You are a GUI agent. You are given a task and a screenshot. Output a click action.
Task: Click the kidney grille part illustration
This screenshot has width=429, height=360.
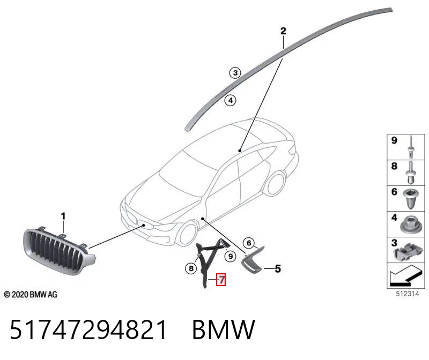tap(59, 251)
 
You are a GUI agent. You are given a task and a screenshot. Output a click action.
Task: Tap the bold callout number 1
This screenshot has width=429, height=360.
tap(63, 216)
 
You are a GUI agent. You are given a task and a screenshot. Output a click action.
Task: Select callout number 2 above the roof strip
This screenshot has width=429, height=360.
tap(283, 31)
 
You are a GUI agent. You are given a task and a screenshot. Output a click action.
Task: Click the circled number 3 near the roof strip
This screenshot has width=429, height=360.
tap(235, 73)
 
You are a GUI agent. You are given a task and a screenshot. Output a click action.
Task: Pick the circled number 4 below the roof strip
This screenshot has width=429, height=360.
tap(231, 100)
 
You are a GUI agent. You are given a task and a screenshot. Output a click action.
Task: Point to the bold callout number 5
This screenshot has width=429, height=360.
tap(278, 269)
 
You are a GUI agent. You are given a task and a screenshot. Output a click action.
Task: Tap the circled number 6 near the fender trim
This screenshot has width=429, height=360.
tap(249, 243)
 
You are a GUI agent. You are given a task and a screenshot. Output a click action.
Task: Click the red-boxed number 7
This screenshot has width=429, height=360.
tap(221, 279)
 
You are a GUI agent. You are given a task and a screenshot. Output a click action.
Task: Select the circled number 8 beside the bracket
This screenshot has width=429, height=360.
tap(191, 268)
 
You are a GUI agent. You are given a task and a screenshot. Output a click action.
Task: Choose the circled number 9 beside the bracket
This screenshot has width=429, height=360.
tap(231, 256)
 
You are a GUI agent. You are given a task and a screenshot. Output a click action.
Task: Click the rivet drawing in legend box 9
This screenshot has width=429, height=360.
tap(411, 148)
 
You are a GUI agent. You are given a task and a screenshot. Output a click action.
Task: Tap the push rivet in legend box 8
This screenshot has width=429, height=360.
tap(411, 172)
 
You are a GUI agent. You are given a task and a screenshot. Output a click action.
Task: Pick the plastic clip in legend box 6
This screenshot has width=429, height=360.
tap(411, 199)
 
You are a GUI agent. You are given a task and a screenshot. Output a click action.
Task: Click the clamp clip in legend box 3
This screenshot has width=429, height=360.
tap(408, 250)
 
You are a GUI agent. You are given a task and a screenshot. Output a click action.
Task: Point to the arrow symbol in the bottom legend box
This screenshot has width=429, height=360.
tap(405, 276)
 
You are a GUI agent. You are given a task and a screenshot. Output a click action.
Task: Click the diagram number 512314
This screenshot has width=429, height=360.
tap(407, 294)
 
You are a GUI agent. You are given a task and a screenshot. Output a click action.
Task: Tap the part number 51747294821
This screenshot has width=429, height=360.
tap(88, 329)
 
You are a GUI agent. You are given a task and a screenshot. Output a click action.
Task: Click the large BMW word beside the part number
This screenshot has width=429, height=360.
tap(224, 329)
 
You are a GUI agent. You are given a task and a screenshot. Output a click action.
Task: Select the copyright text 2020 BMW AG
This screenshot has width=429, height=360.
tap(31, 295)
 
